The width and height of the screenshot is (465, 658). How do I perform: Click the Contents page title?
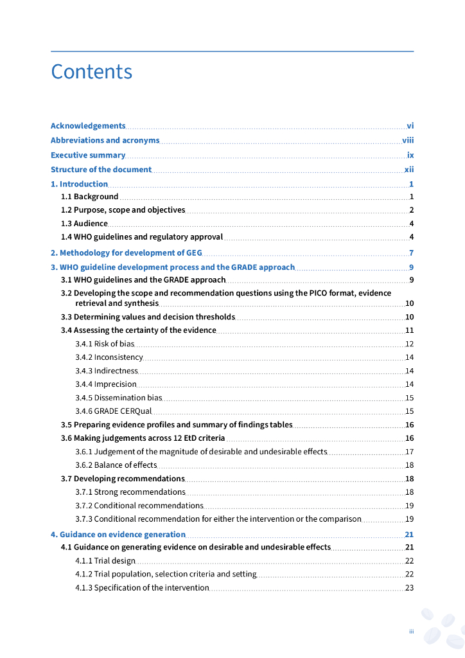click(x=92, y=71)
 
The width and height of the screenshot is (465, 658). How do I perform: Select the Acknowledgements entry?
click(x=88, y=126)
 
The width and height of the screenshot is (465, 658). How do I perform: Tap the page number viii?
click(x=408, y=140)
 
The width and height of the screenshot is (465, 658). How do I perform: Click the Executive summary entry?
click(x=88, y=155)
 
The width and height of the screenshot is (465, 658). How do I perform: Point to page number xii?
click(x=408, y=170)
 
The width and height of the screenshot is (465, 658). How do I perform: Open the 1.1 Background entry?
click(x=89, y=197)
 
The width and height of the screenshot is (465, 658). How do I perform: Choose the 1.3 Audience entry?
click(x=84, y=224)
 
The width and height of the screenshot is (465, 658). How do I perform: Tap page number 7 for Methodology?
click(x=411, y=253)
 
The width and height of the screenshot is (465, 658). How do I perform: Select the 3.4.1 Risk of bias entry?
click(x=105, y=344)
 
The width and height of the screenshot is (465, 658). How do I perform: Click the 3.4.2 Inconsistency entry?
click(x=109, y=357)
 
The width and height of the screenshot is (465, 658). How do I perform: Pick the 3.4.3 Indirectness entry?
click(x=106, y=371)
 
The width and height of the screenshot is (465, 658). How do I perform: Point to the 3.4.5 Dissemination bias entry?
click(x=118, y=398)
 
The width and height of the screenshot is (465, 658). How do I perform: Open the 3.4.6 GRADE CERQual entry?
click(x=113, y=411)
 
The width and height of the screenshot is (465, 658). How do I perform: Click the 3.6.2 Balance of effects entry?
click(x=116, y=465)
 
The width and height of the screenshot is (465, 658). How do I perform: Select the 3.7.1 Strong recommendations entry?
click(x=130, y=492)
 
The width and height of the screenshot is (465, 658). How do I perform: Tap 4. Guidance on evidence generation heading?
click(x=118, y=535)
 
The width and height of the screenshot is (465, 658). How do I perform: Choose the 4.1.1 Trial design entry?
click(x=105, y=561)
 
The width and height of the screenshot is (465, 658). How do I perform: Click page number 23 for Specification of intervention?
click(x=409, y=588)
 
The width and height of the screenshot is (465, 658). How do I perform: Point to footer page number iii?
click(x=411, y=632)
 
